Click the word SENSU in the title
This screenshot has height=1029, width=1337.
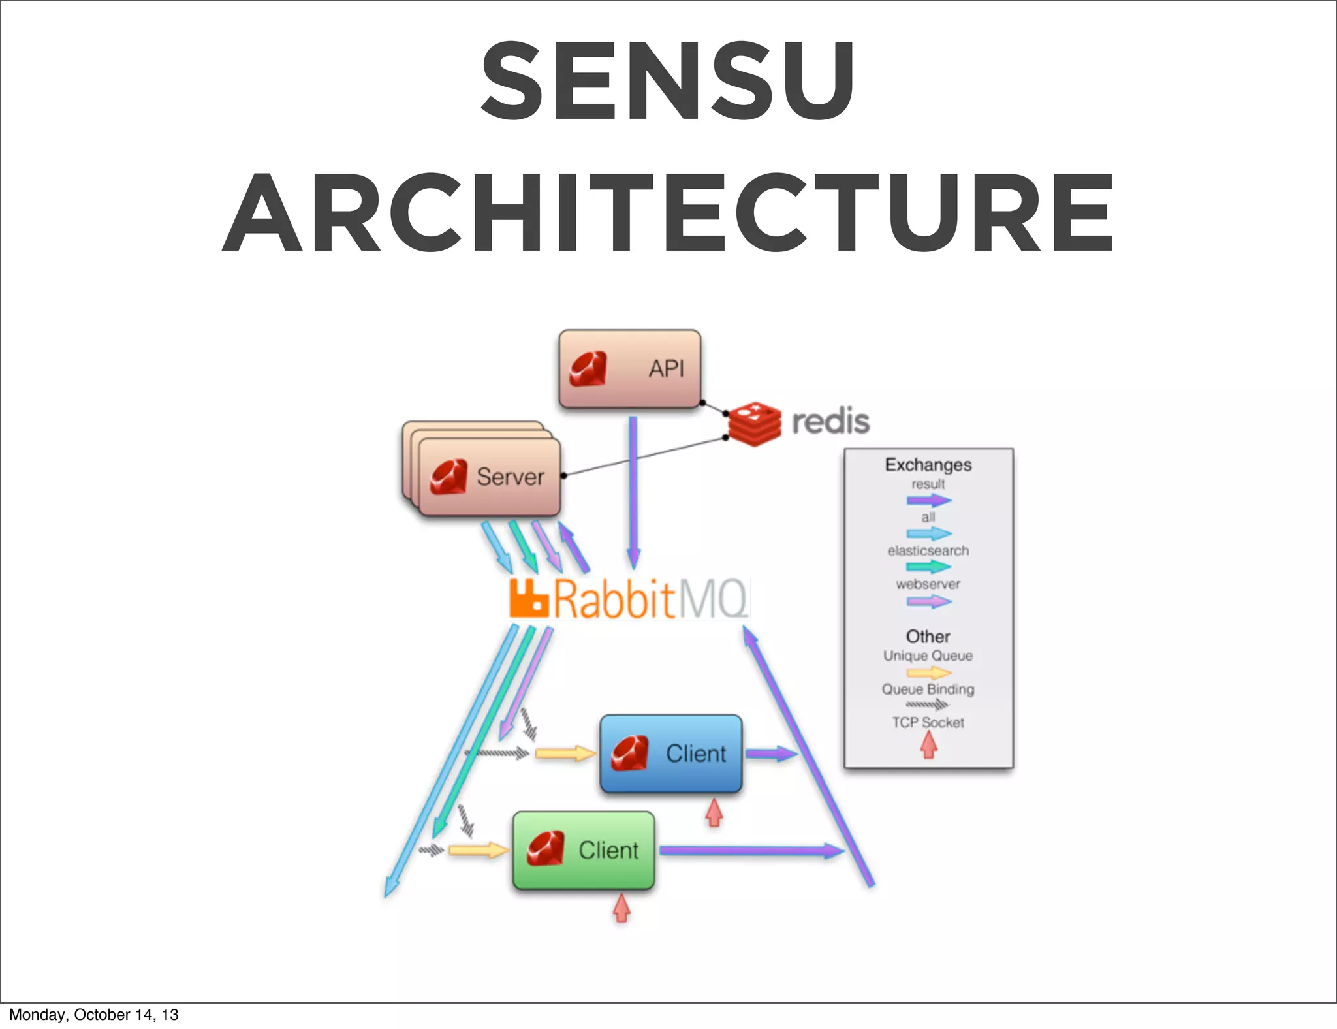[x=667, y=81]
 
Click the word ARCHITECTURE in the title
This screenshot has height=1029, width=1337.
[x=667, y=213]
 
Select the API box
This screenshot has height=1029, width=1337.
[x=630, y=369]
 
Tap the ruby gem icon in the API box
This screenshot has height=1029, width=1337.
[x=588, y=370]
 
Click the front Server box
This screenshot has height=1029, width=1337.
[x=490, y=477]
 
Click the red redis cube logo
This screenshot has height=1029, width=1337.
[x=755, y=424]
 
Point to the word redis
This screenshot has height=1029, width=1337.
[x=830, y=421]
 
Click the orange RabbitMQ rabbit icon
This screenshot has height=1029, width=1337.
[x=528, y=598]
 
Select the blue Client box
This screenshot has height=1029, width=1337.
[x=671, y=753]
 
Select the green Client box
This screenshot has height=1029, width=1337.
[x=584, y=850]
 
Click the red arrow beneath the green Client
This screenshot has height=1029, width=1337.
[x=621, y=908]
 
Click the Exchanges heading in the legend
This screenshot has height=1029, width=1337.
[x=928, y=465]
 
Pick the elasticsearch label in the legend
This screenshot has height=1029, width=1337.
[x=928, y=551]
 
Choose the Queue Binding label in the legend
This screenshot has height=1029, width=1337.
[x=928, y=689]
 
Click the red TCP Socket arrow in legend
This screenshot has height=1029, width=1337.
[x=929, y=745]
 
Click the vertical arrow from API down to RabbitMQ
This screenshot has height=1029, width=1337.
[x=633, y=490]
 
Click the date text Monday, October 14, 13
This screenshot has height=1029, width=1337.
[x=93, y=1015]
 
